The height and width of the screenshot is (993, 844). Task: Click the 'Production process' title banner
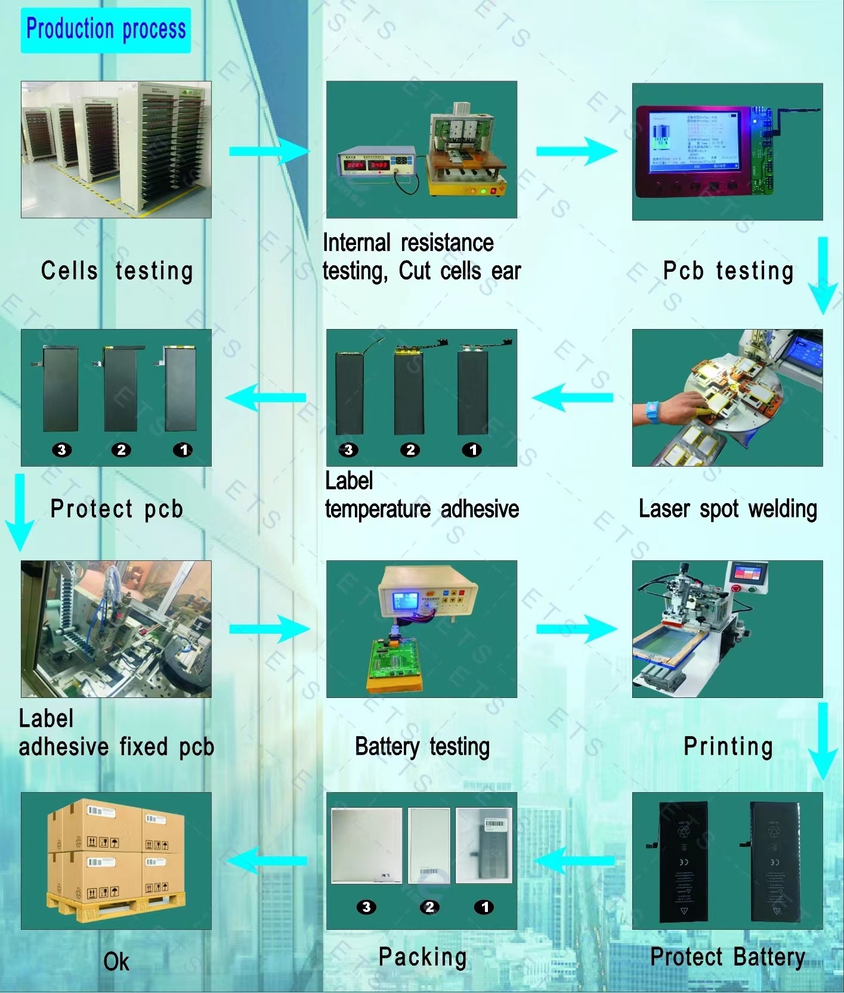(x=106, y=30)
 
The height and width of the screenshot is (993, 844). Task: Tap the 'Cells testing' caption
(x=117, y=271)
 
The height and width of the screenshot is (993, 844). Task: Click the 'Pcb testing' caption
(x=728, y=271)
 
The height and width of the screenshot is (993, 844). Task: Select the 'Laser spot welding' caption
(x=728, y=510)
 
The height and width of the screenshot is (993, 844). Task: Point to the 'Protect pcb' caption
(x=116, y=510)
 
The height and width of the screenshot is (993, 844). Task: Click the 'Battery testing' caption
(x=422, y=747)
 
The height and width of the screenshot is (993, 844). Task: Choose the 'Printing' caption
(x=728, y=747)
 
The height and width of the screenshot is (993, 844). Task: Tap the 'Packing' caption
(x=422, y=957)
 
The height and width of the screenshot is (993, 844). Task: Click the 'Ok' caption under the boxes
(x=116, y=961)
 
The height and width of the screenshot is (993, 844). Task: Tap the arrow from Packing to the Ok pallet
(x=267, y=861)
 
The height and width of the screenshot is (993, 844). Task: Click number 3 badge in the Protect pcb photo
(x=62, y=450)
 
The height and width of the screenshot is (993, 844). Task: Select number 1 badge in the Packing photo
(x=484, y=907)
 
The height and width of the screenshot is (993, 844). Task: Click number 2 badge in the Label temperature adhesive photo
(x=410, y=450)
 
